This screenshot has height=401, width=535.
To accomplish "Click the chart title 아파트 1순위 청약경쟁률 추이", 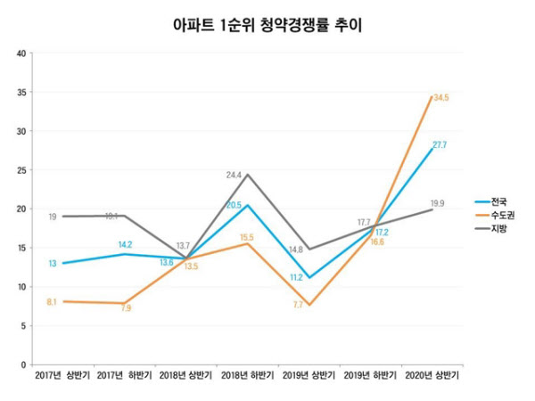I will [x=267, y=25].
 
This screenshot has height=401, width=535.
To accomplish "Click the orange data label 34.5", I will [x=441, y=97].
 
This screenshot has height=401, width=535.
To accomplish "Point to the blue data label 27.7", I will [x=440, y=144].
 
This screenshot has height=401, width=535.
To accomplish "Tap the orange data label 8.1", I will [x=52, y=302].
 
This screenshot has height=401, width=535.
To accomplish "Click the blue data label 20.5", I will [x=234, y=205].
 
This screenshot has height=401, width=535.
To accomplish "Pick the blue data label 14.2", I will [x=125, y=244].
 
